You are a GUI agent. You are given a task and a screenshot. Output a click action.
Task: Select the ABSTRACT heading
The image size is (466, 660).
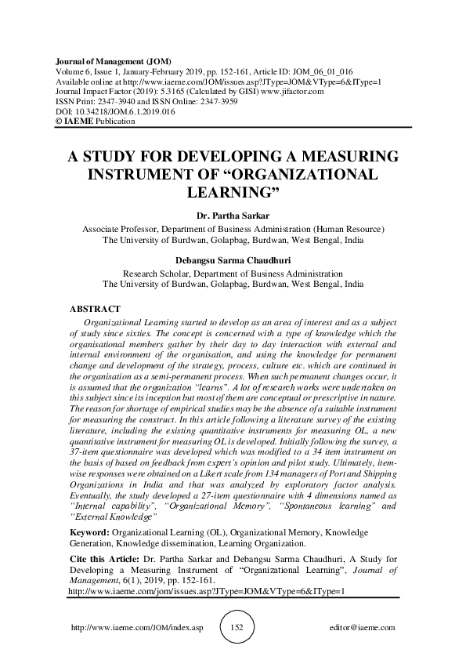coord(95,309)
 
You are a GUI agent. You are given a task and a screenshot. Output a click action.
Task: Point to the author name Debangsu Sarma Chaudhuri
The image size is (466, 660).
coord(233,262)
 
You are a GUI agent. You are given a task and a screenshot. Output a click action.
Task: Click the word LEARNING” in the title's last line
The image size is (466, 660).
coord(233,191)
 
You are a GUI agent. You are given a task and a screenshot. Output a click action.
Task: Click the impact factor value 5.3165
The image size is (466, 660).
coord(161,91)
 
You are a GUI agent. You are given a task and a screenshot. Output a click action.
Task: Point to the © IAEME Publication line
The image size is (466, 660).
coord(96,121)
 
